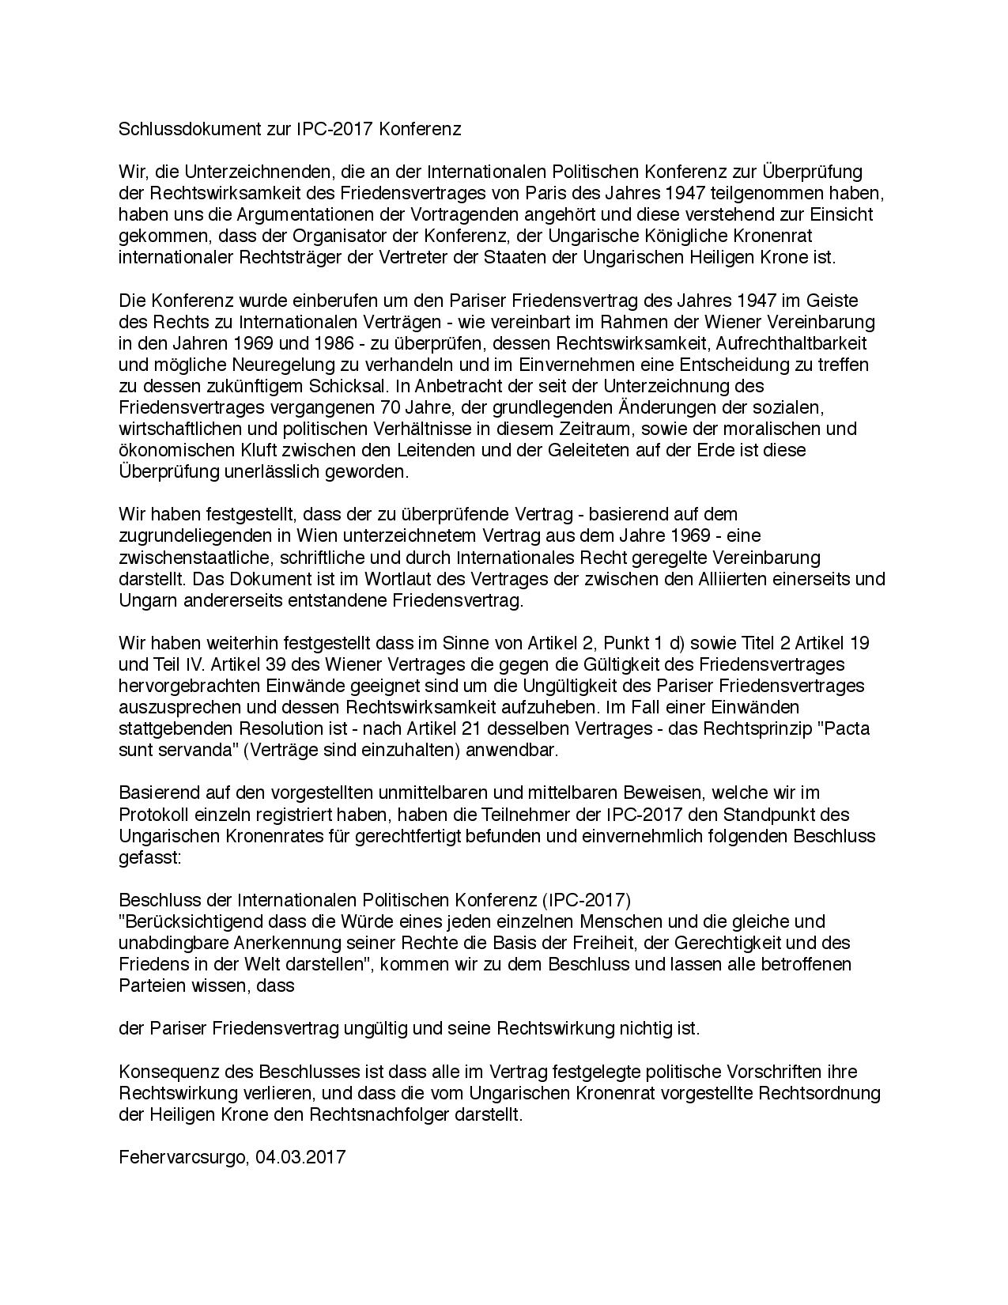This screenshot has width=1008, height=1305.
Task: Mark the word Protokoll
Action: pyautogui.click(x=152, y=814)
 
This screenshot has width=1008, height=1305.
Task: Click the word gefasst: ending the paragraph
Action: pyautogui.click(x=150, y=857)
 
